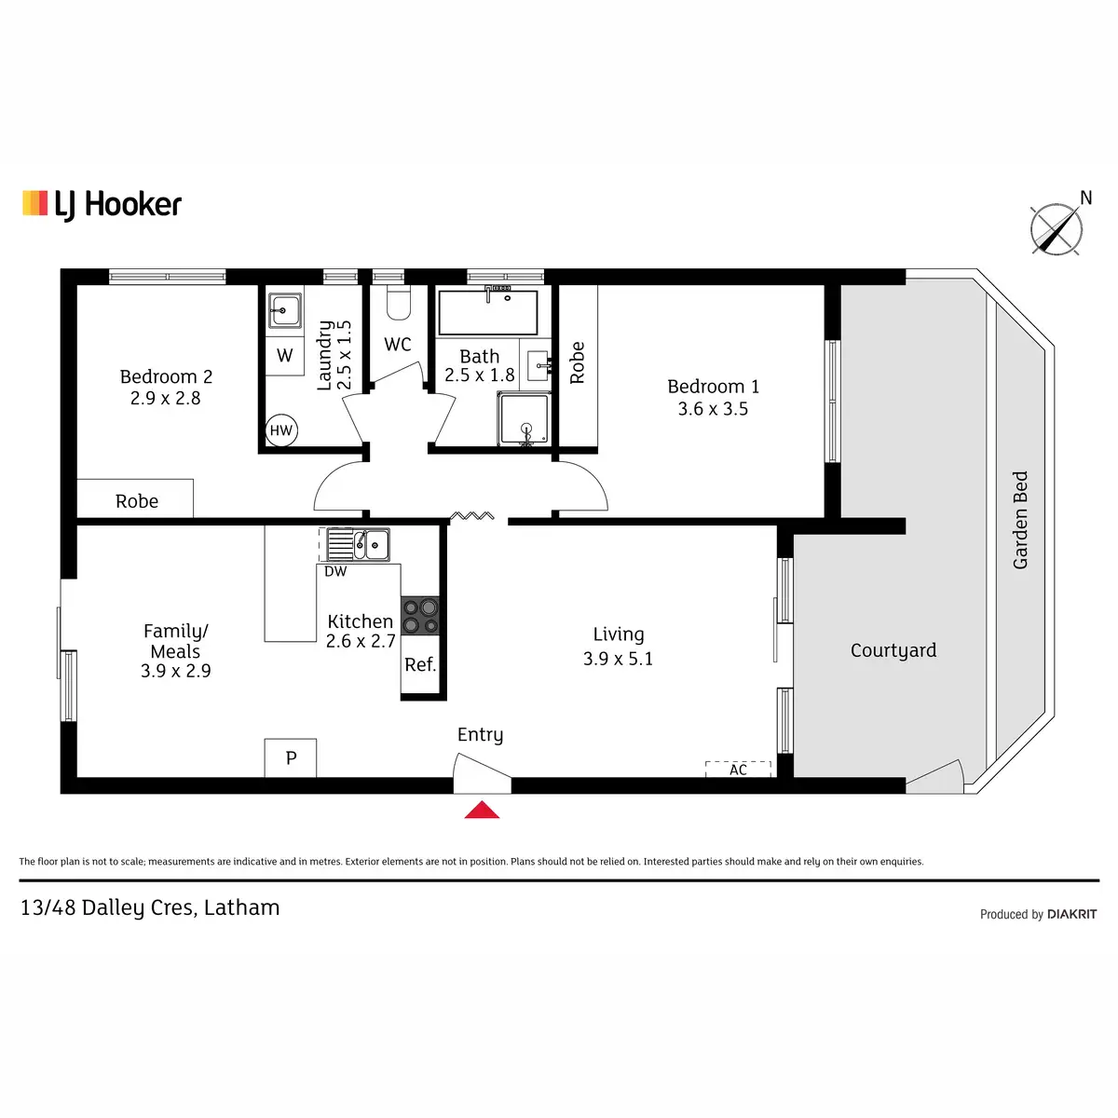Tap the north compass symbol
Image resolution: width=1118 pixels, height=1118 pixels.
point(1057,228)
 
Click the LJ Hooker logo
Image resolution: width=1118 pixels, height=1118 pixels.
point(102,204)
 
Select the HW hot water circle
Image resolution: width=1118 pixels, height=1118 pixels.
point(280,430)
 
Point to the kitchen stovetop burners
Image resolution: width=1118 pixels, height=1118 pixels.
point(419,616)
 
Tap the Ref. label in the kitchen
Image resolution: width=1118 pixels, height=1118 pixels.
point(420,664)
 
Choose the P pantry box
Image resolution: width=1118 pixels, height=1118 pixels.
point(291,758)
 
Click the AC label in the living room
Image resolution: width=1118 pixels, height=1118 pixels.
point(738,770)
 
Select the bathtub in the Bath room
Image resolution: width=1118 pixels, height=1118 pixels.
point(487,313)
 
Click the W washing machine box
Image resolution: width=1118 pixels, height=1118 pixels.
point(285,356)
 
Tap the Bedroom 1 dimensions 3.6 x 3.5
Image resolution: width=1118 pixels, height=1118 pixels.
point(713,409)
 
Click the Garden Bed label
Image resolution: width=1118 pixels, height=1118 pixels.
point(1021,520)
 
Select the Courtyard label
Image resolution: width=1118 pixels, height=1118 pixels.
point(893,650)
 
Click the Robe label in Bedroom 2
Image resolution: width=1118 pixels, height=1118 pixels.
point(137,501)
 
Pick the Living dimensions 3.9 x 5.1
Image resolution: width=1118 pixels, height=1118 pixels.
point(618,659)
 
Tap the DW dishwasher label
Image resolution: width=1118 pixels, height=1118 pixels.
point(335,572)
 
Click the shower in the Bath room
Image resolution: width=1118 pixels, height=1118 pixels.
point(525,419)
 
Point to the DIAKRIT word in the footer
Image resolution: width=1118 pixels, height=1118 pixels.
point(1071,914)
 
